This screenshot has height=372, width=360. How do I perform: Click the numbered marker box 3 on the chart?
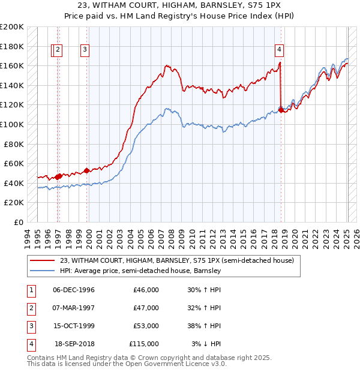(x=85, y=50)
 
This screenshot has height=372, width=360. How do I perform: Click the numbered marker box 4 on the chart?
(x=280, y=50)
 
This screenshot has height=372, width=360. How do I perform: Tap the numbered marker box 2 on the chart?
(x=58, y=50)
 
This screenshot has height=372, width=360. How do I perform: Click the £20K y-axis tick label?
(x=14, y=203)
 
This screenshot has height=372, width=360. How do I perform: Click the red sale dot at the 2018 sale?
(x=281, y=110)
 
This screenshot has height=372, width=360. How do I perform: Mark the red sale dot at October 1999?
(x=86, y=170)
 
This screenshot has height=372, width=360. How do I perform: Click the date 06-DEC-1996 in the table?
(x=73, y=290)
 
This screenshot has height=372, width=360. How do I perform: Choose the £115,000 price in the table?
(x=144, y=344)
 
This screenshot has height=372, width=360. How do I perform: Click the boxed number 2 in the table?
(x=30, y=308)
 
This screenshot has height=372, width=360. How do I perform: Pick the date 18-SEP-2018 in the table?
(x=74, y=344)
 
